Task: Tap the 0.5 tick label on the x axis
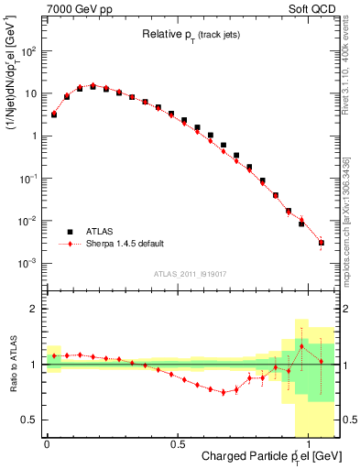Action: pos(177,442)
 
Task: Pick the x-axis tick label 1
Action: pos(308,442)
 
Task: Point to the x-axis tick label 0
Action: pos(47,442)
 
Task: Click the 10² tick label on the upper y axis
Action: pos(27,51)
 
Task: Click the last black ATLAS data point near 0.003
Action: pos(322,243)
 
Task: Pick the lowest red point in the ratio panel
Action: pos(223,392)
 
